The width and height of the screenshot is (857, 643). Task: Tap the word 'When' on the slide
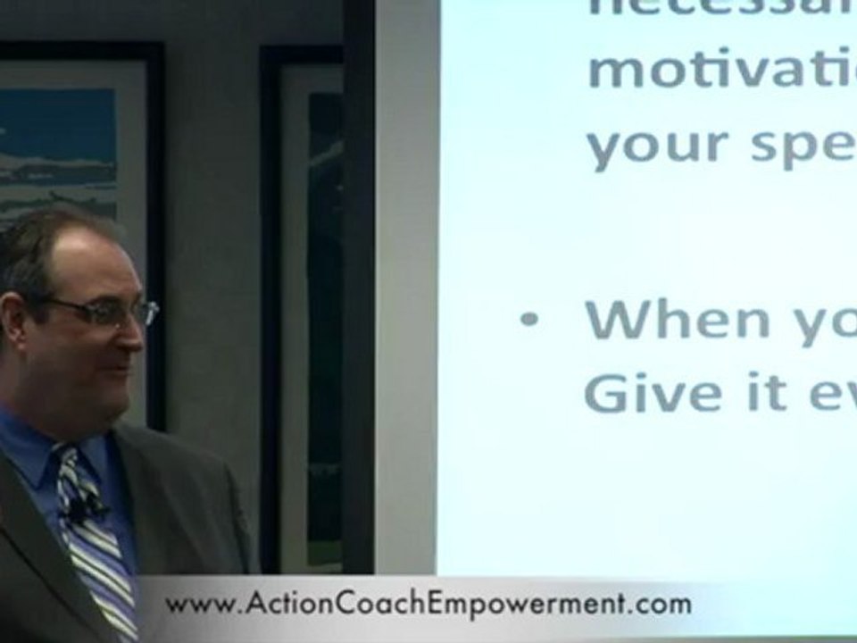(x=678, y=319)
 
